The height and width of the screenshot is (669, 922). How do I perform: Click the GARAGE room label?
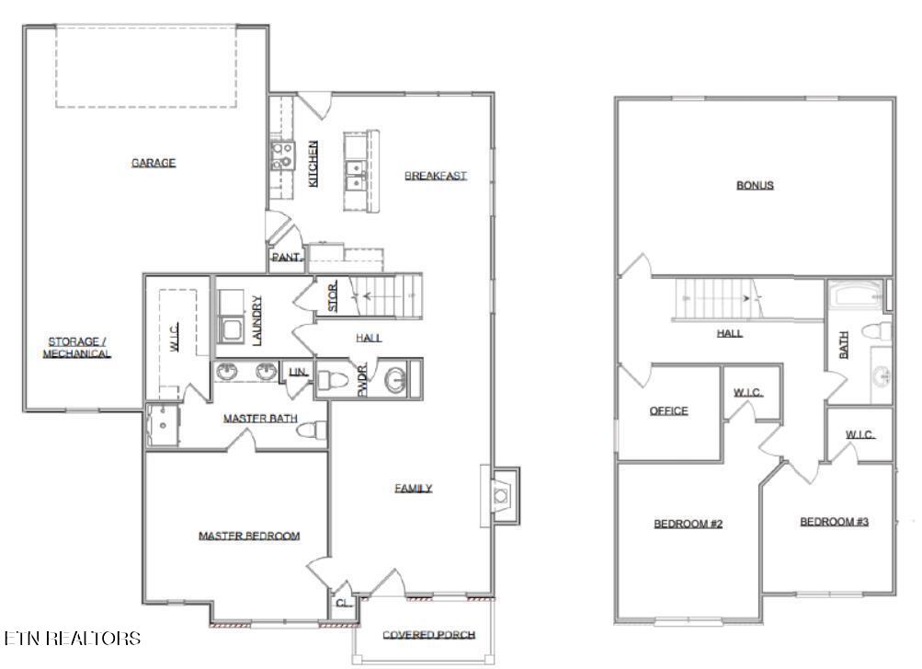153,163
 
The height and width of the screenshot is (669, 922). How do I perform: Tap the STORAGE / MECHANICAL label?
80,347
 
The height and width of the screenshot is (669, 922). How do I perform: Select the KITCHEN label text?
313,164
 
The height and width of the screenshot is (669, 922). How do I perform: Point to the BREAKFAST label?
436,176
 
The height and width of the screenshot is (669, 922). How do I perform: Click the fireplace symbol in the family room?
500,495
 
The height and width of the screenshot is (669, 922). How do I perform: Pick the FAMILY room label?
414,489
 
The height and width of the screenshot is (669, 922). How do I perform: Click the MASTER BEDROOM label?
249,536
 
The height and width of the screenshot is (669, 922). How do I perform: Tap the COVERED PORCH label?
428,635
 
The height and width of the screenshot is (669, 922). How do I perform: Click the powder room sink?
395,380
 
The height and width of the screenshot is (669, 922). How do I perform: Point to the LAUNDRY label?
257,320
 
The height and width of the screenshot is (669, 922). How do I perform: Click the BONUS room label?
755,185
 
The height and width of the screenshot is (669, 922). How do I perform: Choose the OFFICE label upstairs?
668,411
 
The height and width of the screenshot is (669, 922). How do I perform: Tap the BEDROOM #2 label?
689,524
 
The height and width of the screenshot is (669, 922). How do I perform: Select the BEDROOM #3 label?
834,522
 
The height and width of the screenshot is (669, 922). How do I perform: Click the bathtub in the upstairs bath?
856,296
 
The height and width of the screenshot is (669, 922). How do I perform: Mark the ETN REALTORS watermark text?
73,638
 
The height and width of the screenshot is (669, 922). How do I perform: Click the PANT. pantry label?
286,259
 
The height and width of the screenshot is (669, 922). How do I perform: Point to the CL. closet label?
343,604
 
